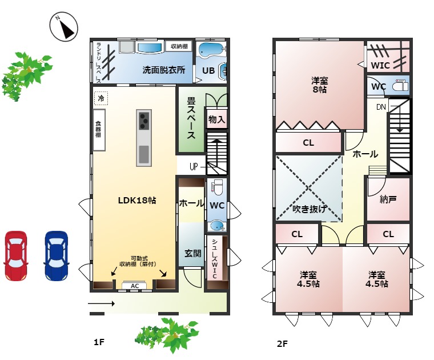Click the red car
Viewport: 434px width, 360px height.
coord(15,255)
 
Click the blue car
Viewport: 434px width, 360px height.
coord(56,255)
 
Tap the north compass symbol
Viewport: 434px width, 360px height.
coord(64,27)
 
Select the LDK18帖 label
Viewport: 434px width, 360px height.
coord(137,201)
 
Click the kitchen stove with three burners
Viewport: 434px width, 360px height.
coord(144,121)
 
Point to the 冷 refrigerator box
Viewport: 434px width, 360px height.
coord(101,98)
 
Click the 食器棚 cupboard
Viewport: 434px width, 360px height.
coord(98,131)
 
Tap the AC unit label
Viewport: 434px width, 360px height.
coord(135,286)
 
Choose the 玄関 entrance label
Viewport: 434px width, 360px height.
coord(192,253)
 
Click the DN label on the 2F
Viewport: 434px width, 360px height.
coord(381,107)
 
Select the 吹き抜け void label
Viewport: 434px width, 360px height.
coord(309,209)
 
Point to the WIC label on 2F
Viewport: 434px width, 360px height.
coord(380,65)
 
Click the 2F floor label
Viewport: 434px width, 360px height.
coord(282,344)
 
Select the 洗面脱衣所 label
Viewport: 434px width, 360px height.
coord(164,70)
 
